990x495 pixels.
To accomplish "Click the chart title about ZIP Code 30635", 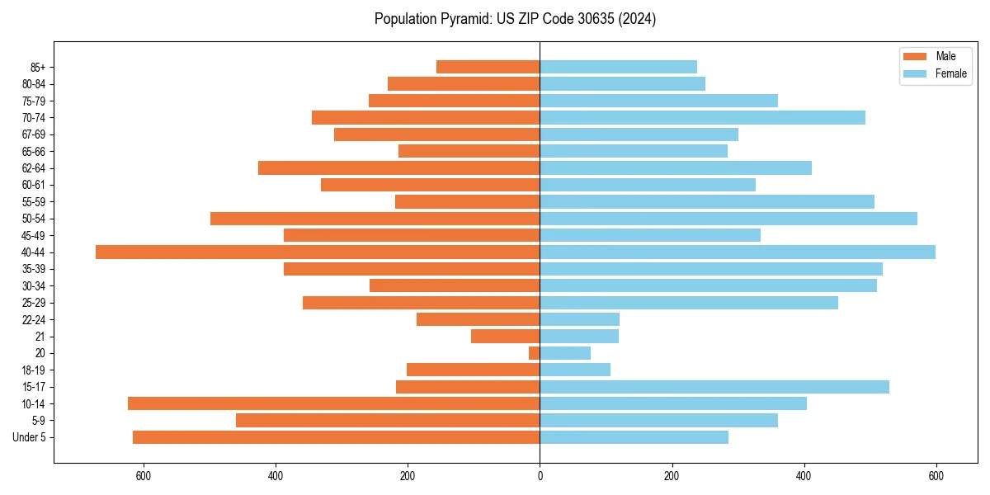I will click(515, 19).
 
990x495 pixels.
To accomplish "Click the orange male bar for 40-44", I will click(318, 252).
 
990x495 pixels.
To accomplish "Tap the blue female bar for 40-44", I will click(738, 252).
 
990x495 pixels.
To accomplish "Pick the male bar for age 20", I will click(535, 353).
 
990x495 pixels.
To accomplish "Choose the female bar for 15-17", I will click(714, 387).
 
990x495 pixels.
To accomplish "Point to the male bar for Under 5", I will click(336, 437).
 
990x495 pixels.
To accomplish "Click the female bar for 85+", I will click(618, 67).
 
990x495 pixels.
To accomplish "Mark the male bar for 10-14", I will click(333, 403).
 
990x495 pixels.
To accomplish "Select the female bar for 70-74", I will click(702, 118).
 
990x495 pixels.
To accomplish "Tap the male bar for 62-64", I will click(398, 168).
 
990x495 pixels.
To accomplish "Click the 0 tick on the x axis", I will click(540, 476).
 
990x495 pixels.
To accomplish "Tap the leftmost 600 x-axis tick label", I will click(144, 476).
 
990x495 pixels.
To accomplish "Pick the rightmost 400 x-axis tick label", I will click(804, 476).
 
